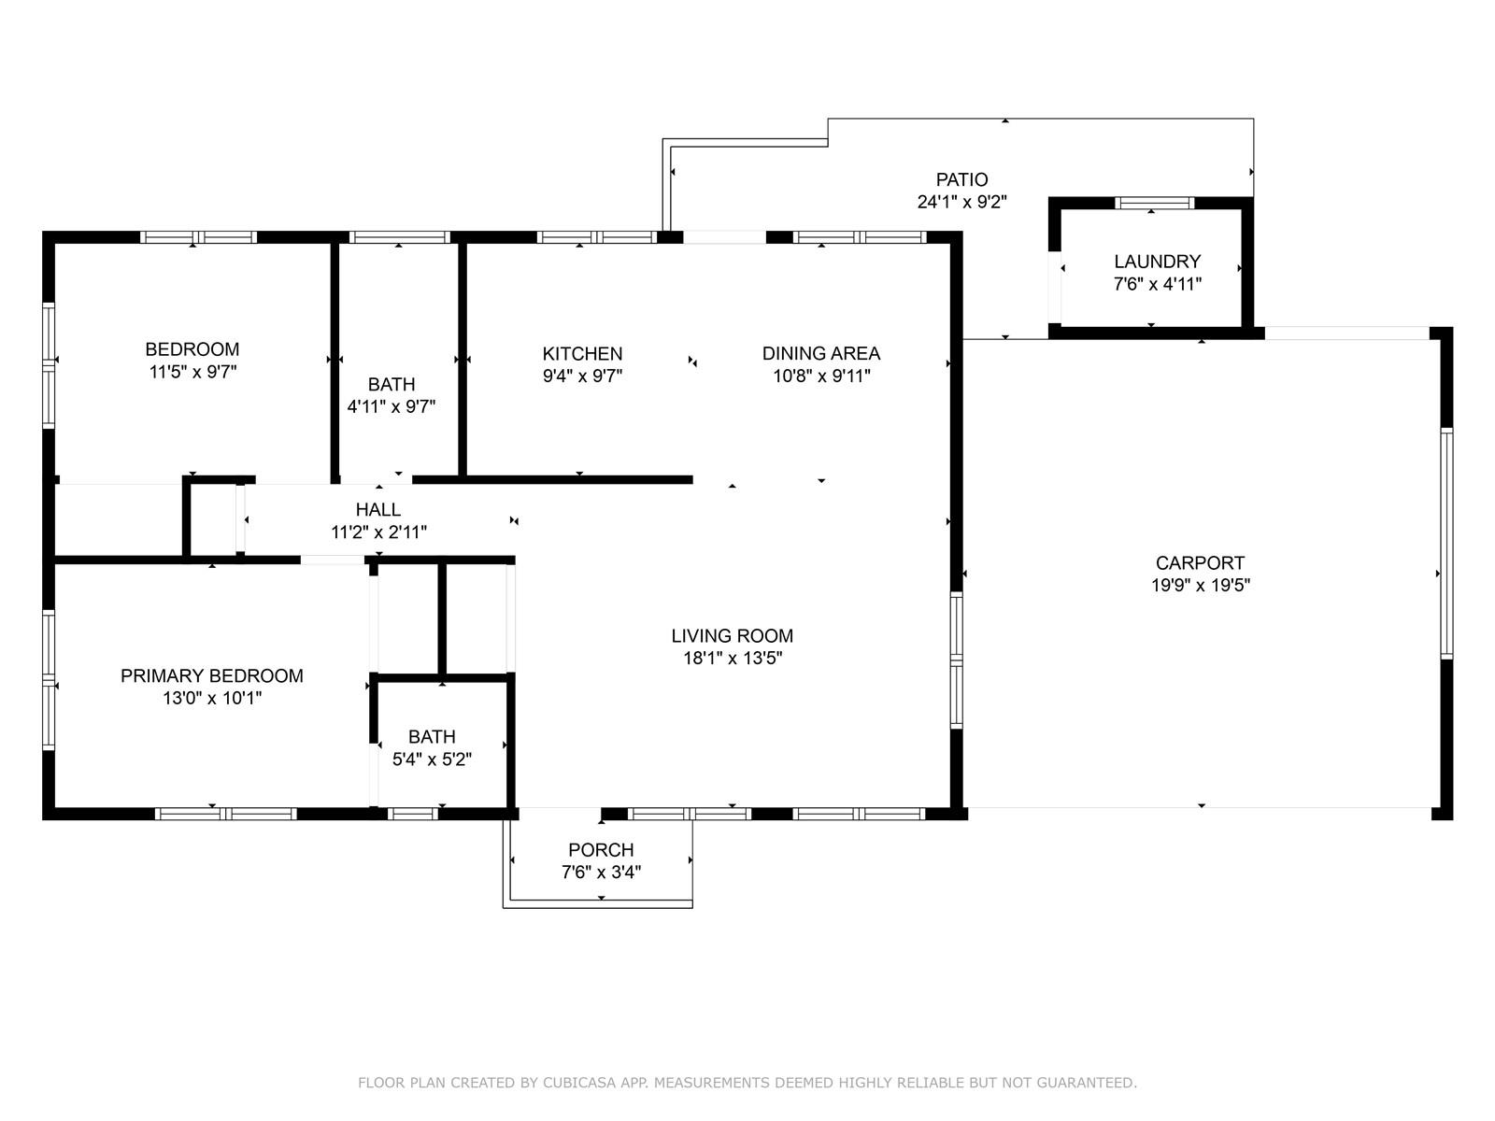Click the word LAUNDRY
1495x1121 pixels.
[x=1157, y=262]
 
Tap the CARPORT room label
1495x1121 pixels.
[x=1200, y=563]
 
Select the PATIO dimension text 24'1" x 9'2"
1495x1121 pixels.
[x=961, y=202]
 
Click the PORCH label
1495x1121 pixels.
[x=601, y=849]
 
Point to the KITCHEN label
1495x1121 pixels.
[x=582, y=353]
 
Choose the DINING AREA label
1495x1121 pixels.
[x=820, y=353]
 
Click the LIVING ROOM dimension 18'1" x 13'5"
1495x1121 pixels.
[x=733, y=658]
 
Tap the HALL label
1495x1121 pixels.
[x=378, y=509]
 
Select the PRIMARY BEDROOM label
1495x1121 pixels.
[x=212, y=675]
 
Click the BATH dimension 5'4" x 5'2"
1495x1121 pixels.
[x=432, y=759]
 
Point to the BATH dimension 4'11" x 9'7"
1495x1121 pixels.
[x=391, y=406]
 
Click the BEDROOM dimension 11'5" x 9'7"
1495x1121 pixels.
[x=192, y=372]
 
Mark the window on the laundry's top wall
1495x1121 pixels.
[x=1154, y=203]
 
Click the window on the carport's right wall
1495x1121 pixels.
[x=1446, y=543]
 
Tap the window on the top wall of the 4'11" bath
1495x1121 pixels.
[x=399, y=237]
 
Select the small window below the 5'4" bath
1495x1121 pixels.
[x=413, y=814]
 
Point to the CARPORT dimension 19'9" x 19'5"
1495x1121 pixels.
[x=1200, y=586]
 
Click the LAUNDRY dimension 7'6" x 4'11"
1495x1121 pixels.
[x=1157, y=284]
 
